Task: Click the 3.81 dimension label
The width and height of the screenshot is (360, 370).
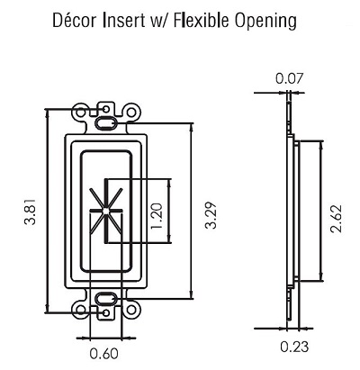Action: (x=31, y=212)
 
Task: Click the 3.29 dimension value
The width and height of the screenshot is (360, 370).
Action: (x=211, y=215)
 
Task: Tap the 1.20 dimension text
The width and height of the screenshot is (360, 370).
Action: (x=157, y=216)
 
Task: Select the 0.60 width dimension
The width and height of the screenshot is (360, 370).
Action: (x=103, y=354)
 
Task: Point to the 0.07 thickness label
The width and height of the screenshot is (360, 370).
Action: (x=290, y=78)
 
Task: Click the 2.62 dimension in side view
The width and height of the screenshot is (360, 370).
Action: (x=336, y=219)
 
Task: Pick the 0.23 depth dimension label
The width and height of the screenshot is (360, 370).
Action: (x=294, y=347)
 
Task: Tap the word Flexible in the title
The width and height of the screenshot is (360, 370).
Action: (x=201, y=20)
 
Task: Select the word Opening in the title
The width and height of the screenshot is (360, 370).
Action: (x=265, y=22)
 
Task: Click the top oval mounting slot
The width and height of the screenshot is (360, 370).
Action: (x=105, y=122)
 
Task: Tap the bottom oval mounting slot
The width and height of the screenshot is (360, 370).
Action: (x=105, y=299)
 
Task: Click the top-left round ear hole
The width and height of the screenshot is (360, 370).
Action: (x=80, y=113)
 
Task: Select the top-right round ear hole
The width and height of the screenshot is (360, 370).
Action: (x=131, y=113)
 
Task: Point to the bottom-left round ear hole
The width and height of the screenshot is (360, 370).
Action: (x=80, y=310)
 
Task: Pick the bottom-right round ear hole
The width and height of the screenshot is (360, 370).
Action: (x=131, y=310)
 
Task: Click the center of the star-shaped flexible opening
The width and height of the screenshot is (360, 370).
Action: (x=105, y=211)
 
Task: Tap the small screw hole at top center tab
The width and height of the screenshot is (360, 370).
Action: (x=105, y=109)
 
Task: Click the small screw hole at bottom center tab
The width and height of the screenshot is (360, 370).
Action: (x=105, y=313)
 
